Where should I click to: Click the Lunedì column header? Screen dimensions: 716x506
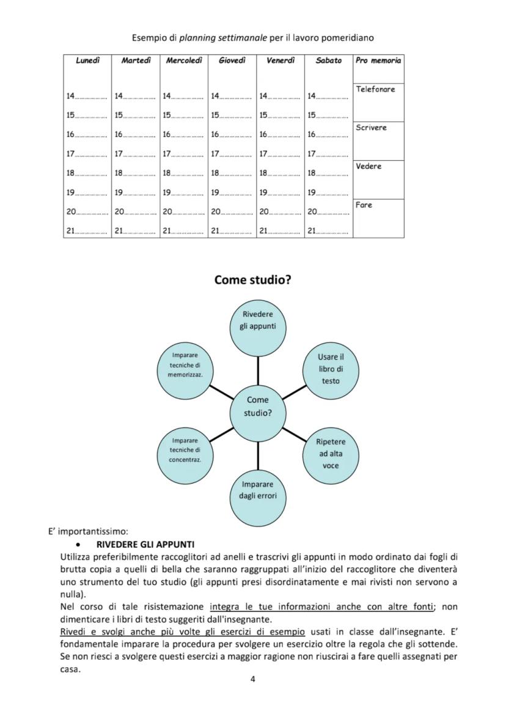click(x=87, y=61)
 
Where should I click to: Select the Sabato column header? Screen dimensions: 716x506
click(x=329, y=61)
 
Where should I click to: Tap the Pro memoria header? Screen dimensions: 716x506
click(x=378, y=61)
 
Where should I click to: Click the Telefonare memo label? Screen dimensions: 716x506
click(x=375, y=89)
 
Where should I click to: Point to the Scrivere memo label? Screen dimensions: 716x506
click(x=371, y=128)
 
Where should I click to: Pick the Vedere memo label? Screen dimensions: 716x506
click(x=369, y=166)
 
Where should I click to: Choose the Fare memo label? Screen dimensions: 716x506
click(x=364, y=205)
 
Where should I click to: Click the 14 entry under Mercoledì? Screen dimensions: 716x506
click(x=183, y=96)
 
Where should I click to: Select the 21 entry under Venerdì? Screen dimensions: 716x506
click(x=279, y=231)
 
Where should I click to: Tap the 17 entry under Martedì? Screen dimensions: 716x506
click(x=135, y=154)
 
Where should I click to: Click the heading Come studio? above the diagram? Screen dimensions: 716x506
click(x=252, y=280)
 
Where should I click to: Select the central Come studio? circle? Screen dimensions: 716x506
click(x=257, y=406)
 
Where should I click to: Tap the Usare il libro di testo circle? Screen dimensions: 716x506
click(x=331, y=368)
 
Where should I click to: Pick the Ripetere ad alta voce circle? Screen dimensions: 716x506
click(x=331, y=453)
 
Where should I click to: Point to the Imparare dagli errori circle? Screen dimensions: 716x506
click(x=257, y=490)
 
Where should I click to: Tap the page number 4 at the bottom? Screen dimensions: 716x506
click(x=253, y=679)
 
